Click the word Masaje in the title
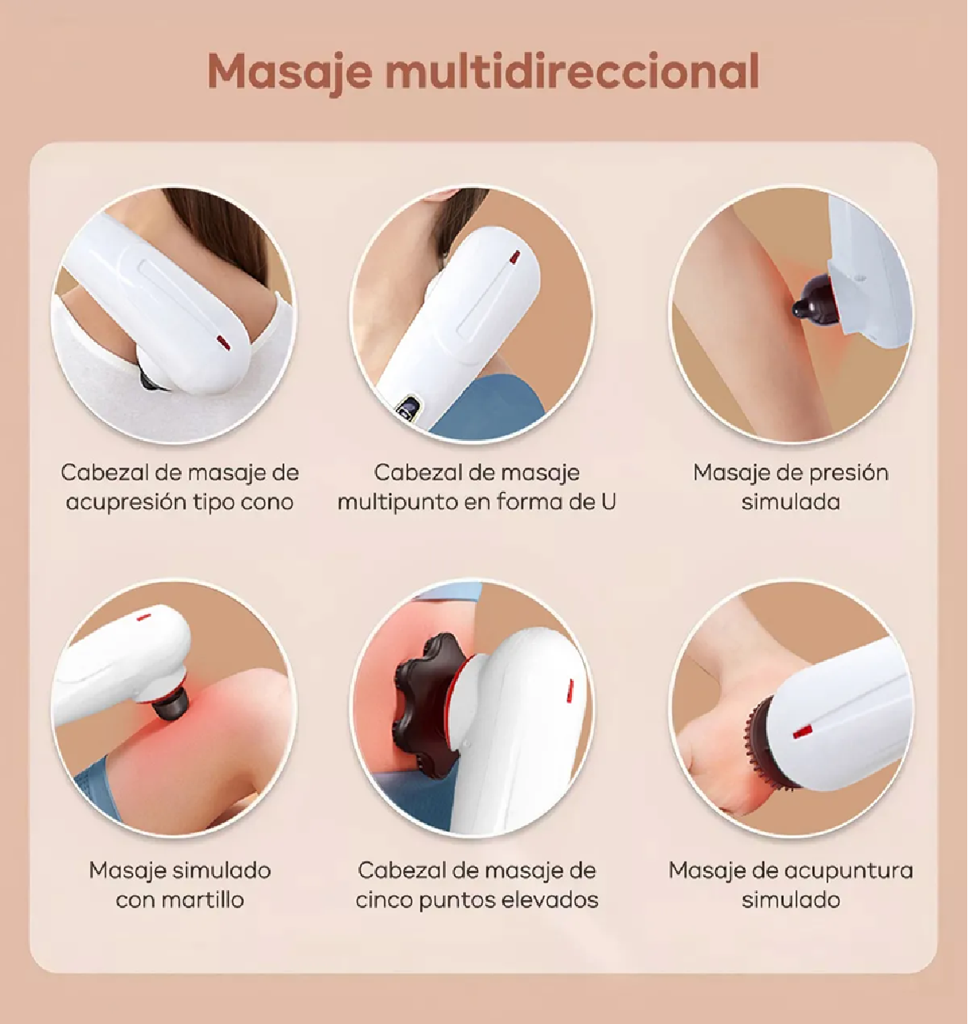[290, 72]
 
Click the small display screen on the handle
[409, 410]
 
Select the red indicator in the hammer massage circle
[144, 617]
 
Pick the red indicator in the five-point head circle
[570, 688]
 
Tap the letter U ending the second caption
[608, 502]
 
